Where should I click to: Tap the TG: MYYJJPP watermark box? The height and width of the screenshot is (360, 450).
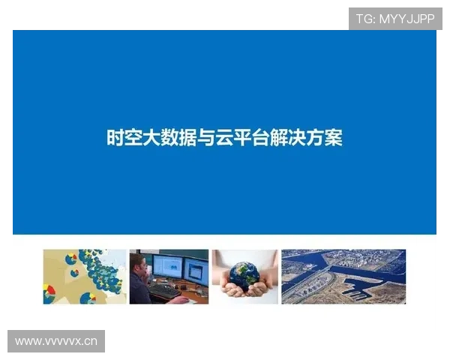coord(395,18)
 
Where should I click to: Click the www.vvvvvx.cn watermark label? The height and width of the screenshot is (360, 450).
coord(57,342)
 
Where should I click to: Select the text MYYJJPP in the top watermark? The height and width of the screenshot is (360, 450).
coord(407,18)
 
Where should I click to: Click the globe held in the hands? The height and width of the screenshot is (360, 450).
coord(244,274)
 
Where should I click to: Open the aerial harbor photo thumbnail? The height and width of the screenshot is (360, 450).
coord(343,277)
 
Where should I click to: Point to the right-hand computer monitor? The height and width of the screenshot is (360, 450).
coord(197,270)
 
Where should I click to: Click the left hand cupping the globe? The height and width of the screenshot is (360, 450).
coord(229,289)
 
